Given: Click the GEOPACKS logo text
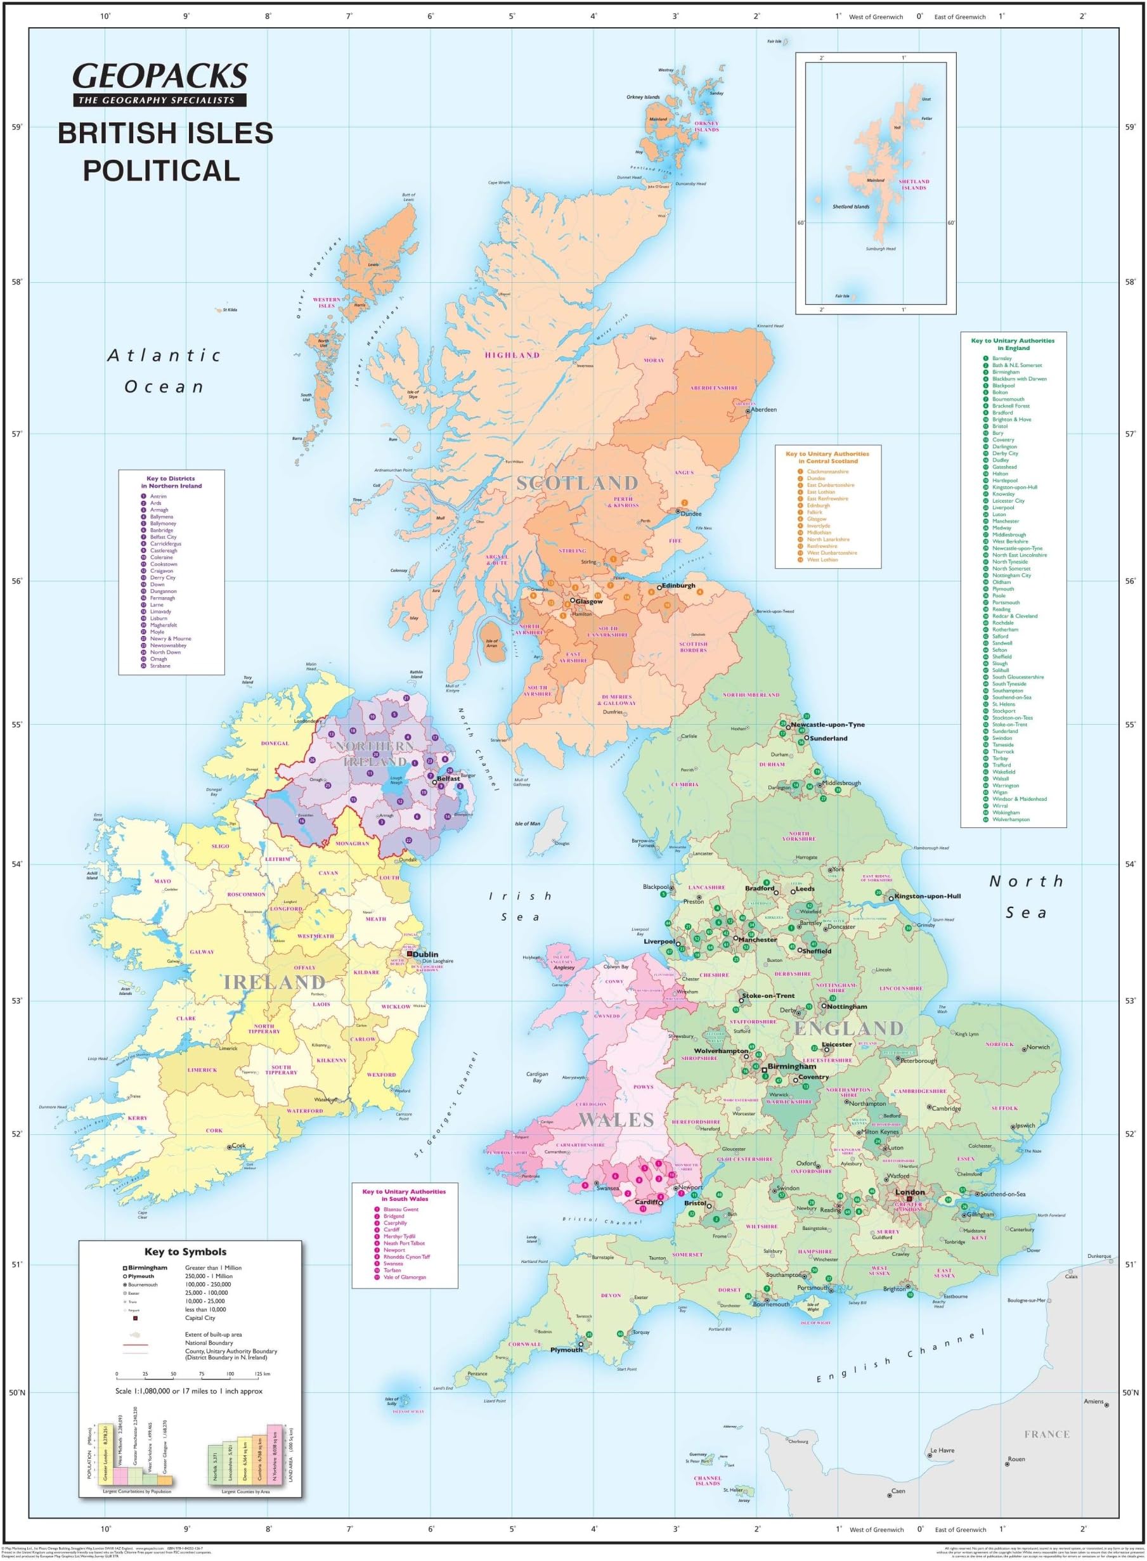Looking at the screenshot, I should (160, 75).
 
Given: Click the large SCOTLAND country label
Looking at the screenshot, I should (576, 483).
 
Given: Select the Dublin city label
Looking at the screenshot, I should (425, 954).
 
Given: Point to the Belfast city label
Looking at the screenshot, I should (448, 778).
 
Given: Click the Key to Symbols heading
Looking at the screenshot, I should (185, 1252).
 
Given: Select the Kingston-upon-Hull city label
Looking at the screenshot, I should (928, 896).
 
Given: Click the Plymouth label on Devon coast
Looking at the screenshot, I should (567, 1350).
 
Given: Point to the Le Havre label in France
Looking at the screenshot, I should (942, 1450).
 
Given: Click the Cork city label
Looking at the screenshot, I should (238, 1145).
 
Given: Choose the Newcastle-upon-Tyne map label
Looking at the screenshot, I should (827, 724).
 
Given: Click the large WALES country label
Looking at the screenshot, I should (616, 1120).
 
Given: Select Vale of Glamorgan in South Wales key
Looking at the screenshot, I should (405, 1277).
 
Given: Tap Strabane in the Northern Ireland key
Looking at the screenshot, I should (160, 666).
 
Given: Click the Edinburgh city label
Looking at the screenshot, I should (678, 585).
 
